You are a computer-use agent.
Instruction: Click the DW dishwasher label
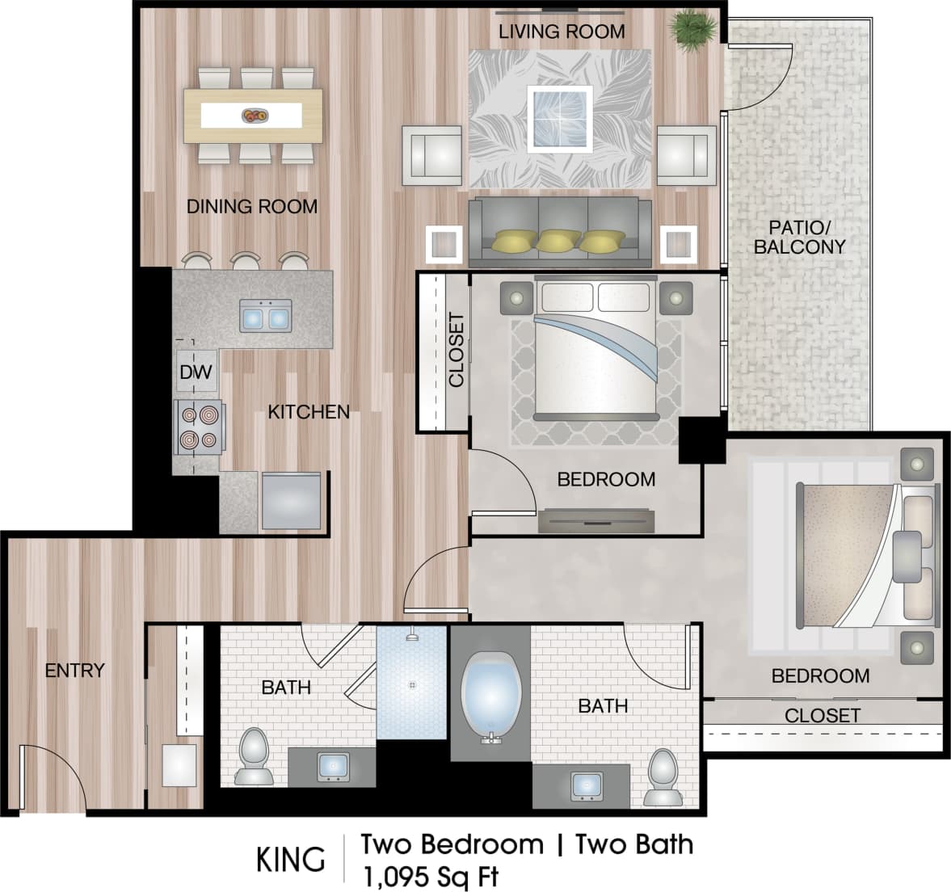click(x=196, y=372)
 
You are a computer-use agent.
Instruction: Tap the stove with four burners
click(x=199, y=427)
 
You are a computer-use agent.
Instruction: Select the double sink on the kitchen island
click(x=265, y=314)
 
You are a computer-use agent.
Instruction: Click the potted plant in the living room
click(x=692, y=30)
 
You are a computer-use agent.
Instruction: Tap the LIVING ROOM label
click(x=562, y=32)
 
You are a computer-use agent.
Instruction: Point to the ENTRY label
click(x=74, y=670)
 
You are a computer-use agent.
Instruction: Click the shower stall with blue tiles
click(x=411, y=683)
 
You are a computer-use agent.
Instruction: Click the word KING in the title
click(x=291, y=860)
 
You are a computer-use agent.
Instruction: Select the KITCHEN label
click(x=309, y=412)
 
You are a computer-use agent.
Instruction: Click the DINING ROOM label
click(x=252, y=207)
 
